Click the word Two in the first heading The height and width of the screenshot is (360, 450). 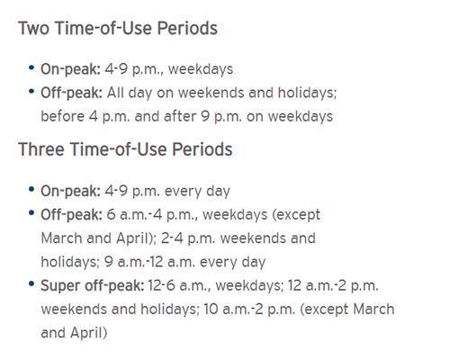point(33,28)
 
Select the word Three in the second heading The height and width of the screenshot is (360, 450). point(41,149)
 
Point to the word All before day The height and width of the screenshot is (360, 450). point(115,93)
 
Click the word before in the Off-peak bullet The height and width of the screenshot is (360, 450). point(63,116)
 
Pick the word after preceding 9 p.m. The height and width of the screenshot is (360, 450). point(180,116)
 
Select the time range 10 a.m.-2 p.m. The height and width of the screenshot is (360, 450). point(249,310)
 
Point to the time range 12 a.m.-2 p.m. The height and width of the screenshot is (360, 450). point(333,285)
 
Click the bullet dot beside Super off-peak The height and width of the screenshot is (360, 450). point(31,283)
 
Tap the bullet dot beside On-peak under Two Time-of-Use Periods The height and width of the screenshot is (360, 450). point(31,67)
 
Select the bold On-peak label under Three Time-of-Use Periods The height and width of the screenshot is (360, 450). point(70,191)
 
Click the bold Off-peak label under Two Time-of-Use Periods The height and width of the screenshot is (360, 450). point(72,93)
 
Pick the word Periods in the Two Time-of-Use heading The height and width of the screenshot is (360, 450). point(187,28)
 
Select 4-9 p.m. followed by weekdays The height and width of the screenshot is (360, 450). point(133,69)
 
